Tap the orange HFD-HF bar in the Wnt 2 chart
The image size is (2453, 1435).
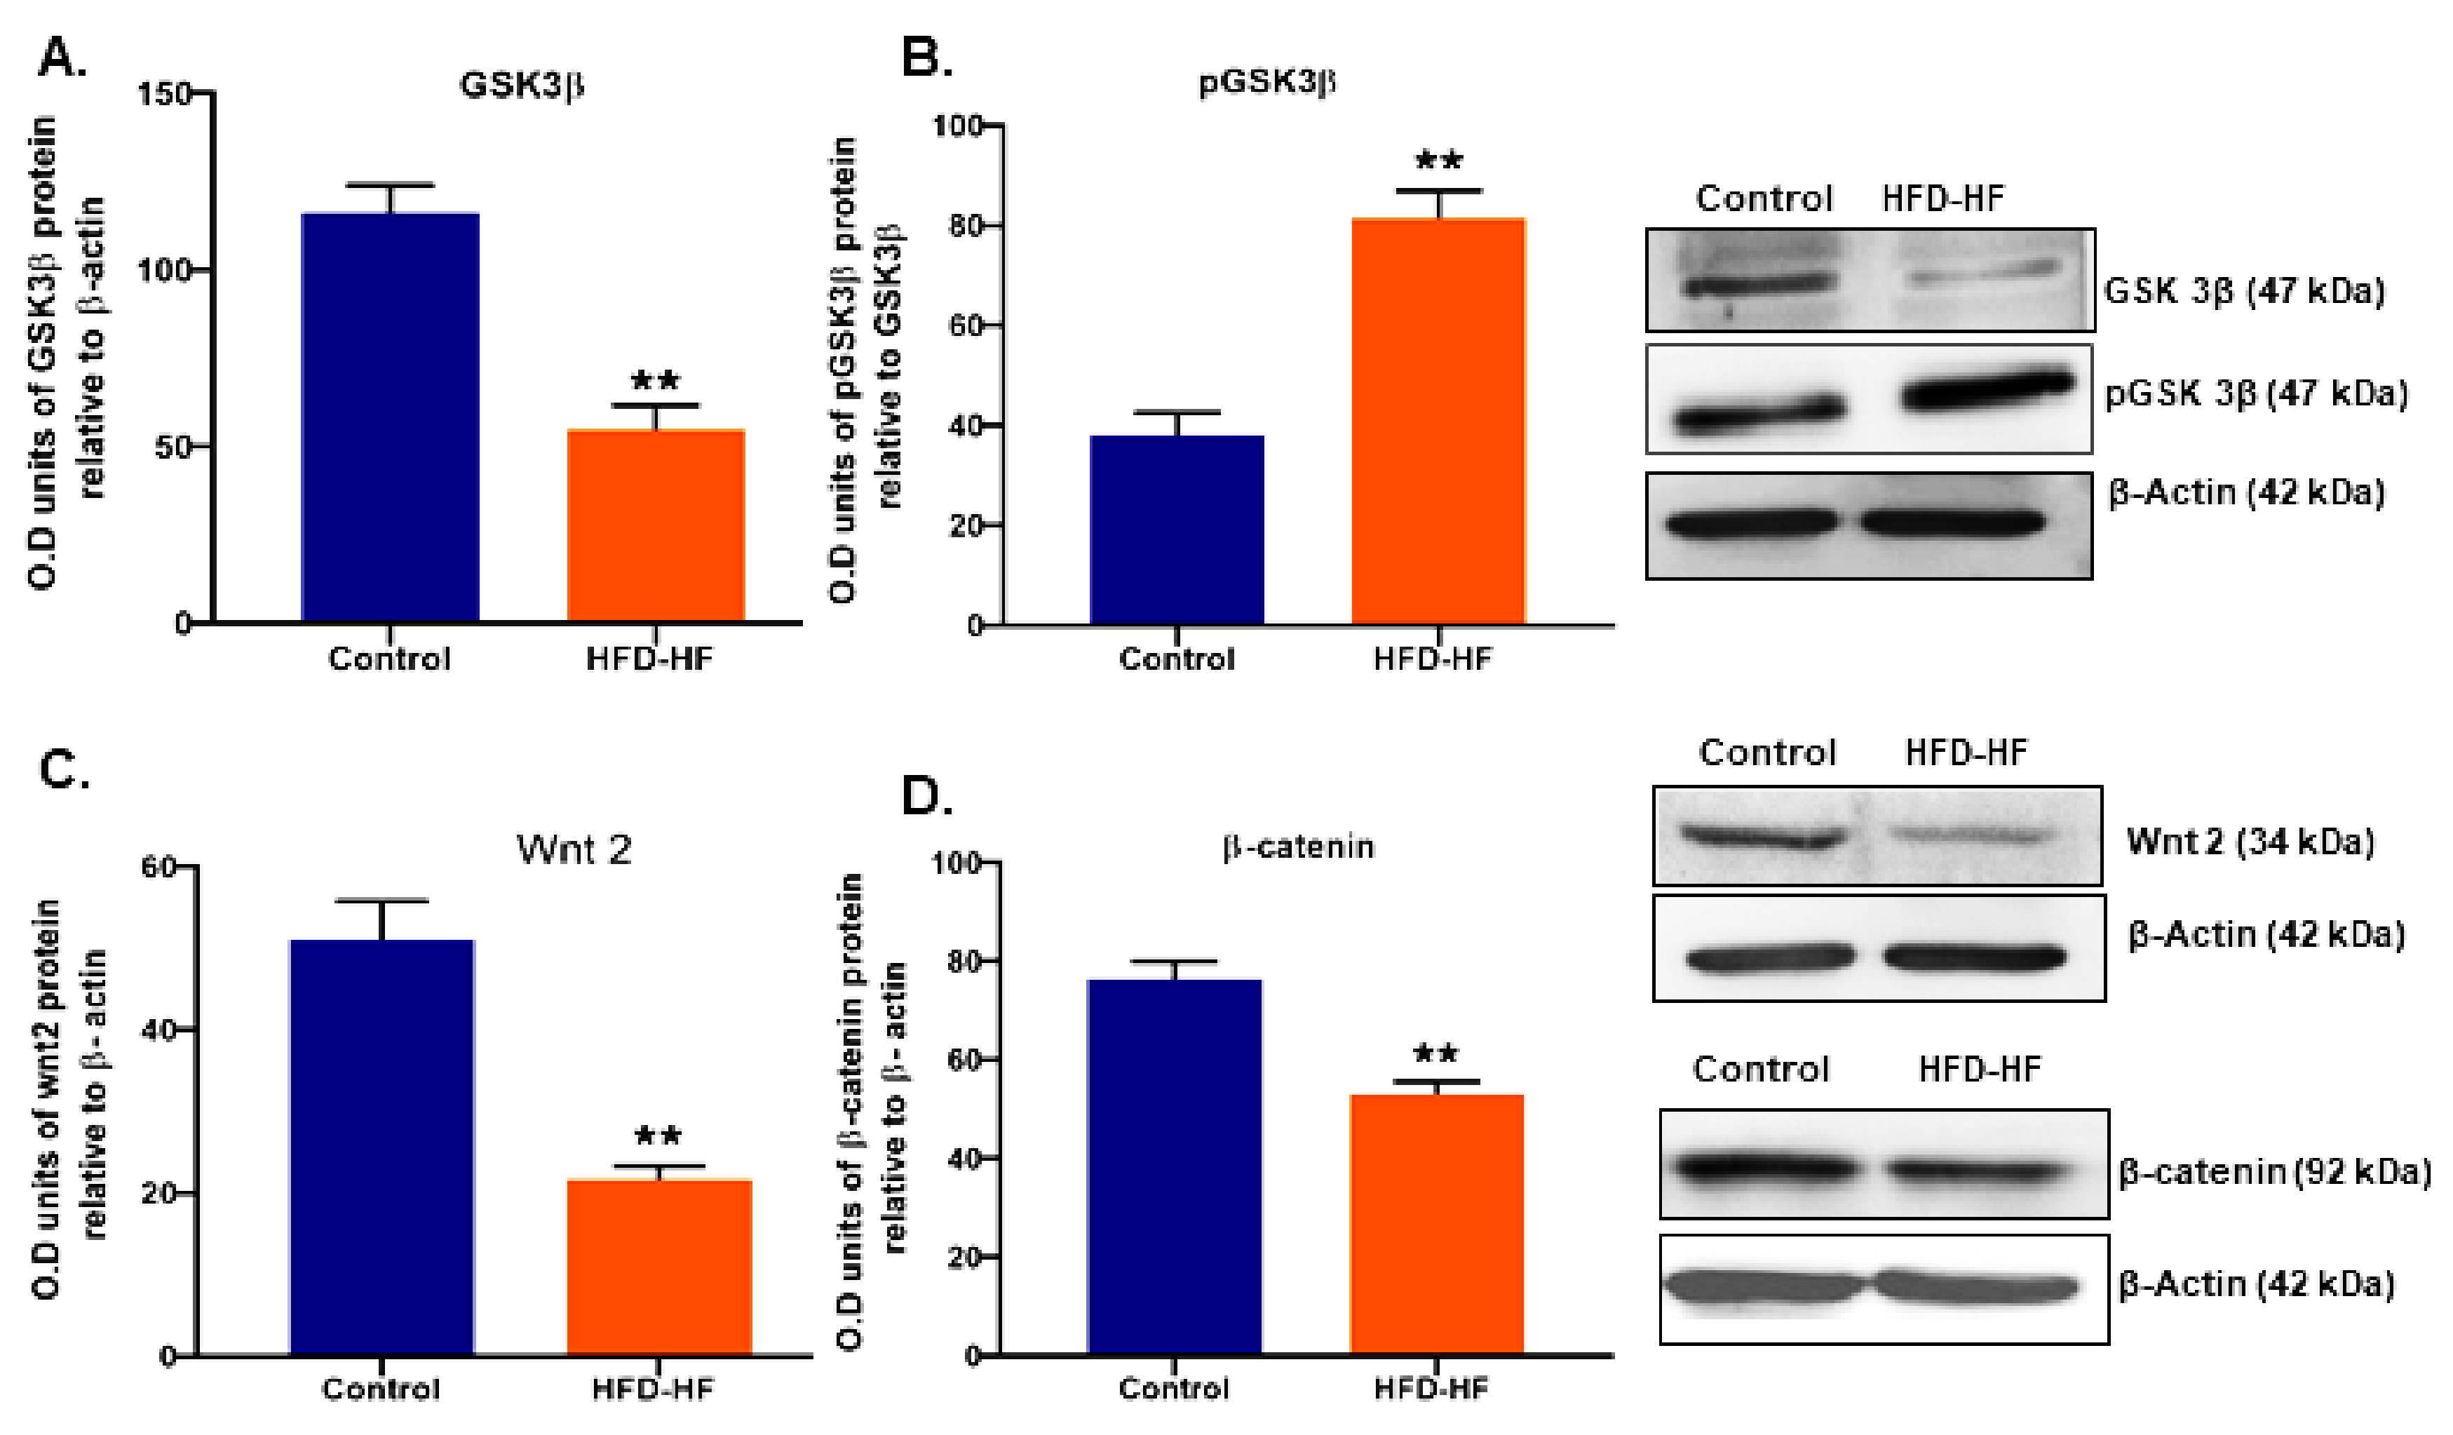point(659,1265)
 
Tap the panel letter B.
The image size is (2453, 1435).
point(926,58)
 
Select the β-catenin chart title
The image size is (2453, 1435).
point(1299,847)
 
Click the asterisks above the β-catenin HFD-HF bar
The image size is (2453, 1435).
point(1435,1053)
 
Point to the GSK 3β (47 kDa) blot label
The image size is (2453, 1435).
point(2244,291)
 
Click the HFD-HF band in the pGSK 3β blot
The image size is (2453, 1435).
point(1986,389)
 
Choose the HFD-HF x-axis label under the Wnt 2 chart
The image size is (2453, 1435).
point(652,1389)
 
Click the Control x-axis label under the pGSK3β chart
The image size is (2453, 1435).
point(1176,659)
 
